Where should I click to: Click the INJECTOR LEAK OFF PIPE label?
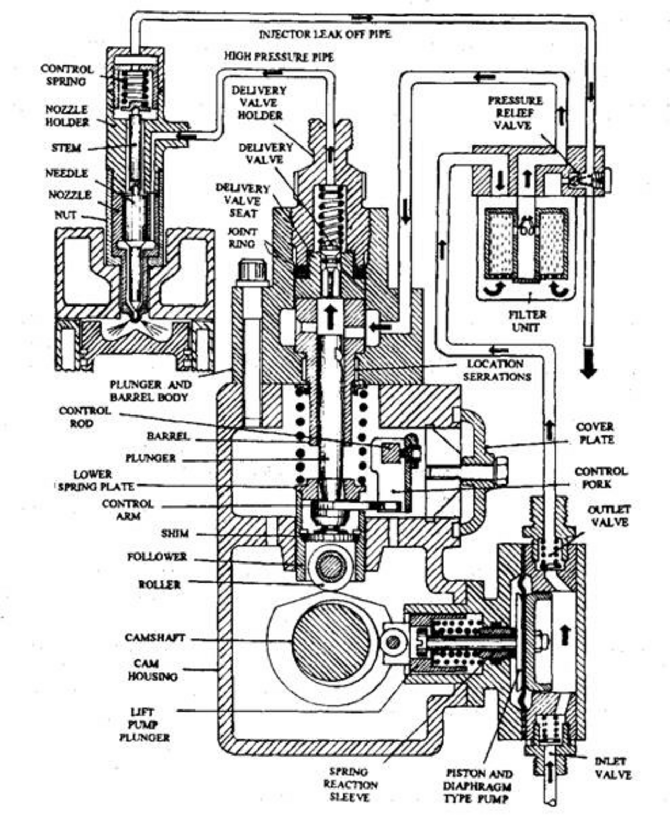(x=325, y=35)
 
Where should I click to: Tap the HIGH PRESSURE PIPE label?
(x=279, y=57)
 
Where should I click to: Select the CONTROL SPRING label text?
(x=67, y=75)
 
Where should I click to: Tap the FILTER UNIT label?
(x=527, y=321)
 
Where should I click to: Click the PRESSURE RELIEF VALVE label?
(x=515, y=112)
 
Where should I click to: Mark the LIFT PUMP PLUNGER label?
(x=144, y=725)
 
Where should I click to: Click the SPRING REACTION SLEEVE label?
(x=350, y=784)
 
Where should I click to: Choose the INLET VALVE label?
(x=613, y=768)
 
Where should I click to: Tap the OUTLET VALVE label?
(x=609, y=516)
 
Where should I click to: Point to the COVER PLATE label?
(x=595, y=433)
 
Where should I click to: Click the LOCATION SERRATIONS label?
(x=497, y=370)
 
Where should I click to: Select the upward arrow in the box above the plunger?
(x=330, y=317)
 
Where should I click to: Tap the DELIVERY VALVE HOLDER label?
(x=259, y=103)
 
